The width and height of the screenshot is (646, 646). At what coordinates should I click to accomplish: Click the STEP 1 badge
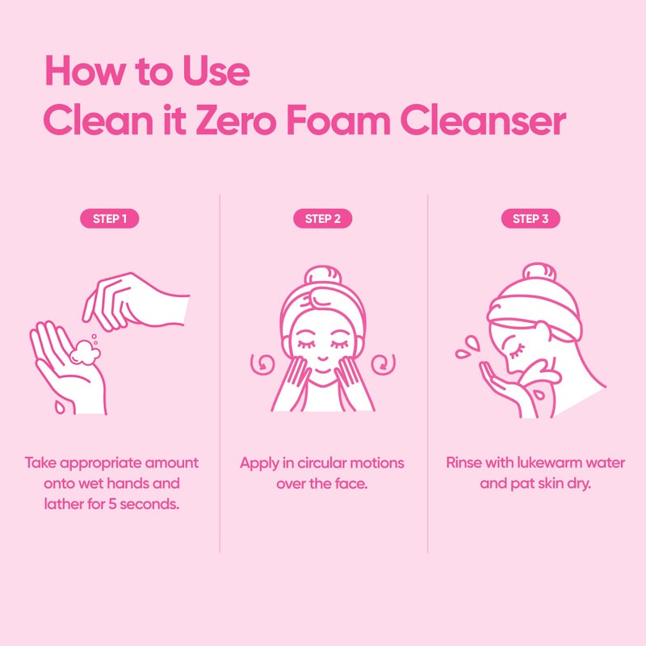click(110, 219)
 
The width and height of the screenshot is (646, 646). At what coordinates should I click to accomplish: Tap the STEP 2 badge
click(322, 219)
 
